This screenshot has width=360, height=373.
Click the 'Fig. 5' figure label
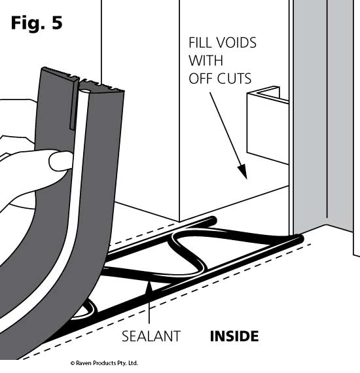tap(37, 23)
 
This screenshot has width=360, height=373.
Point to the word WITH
tap(206, 60)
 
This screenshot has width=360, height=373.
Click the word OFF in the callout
tap(202, 79)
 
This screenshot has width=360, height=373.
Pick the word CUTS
tap(236, 79)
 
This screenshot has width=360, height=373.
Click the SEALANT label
tap(151, 336)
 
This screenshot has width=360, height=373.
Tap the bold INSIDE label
tap(234, 336)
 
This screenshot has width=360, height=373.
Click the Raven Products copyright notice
tap(104, 363)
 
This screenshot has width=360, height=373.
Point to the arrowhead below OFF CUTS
tap(243, 171)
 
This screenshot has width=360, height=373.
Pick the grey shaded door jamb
tap(323, 114)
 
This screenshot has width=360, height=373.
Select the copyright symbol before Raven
tap(73, 363)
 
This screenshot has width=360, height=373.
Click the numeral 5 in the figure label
tap(57, 23)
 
